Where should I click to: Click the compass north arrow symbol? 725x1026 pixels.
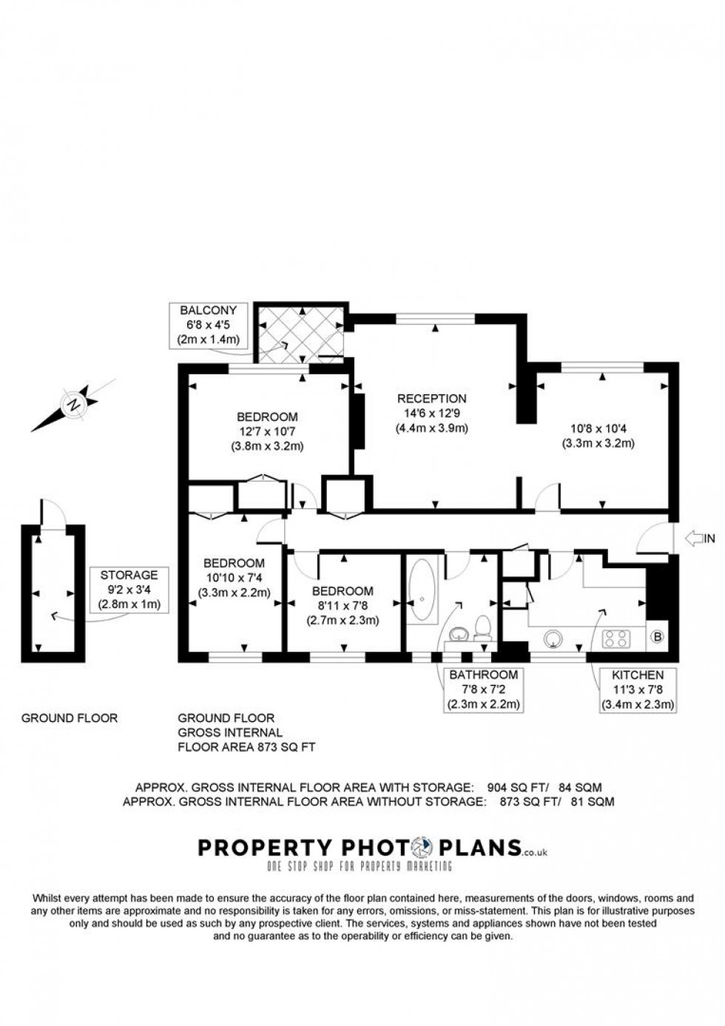click(72, 405)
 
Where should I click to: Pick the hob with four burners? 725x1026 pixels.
click(617, 638)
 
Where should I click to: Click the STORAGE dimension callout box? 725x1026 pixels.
click(129, 590)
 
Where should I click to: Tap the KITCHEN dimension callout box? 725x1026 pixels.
click(637, 689)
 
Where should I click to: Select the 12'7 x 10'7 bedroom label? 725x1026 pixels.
click(267, 431)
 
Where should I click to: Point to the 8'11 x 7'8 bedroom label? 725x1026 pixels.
click(343, 606)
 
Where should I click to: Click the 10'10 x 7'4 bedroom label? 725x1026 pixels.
click(234, 578)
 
